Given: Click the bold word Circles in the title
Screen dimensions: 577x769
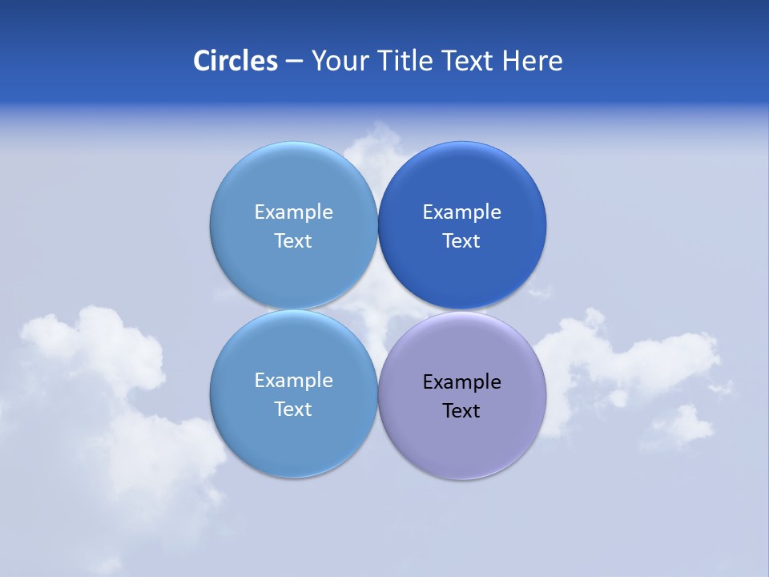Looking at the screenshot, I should point(236,61).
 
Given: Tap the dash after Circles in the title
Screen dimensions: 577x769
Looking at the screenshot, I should point(294,62).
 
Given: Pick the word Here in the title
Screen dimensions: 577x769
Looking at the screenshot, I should point(533,61).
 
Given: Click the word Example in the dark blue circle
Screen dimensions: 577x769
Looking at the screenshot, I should point(461,212).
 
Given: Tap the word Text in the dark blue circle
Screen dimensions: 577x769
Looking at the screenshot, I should point(461,240).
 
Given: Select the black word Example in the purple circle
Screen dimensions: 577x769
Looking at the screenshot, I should point(461,381).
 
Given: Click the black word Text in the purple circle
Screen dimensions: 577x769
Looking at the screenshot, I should point(461,410).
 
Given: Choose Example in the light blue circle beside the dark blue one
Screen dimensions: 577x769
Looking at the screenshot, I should point(293,212).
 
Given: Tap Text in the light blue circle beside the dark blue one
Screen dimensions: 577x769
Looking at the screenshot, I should point(293,240).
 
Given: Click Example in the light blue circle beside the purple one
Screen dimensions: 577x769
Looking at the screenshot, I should point(293,380).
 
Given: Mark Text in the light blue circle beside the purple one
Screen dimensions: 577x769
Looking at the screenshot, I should point(293,409).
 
